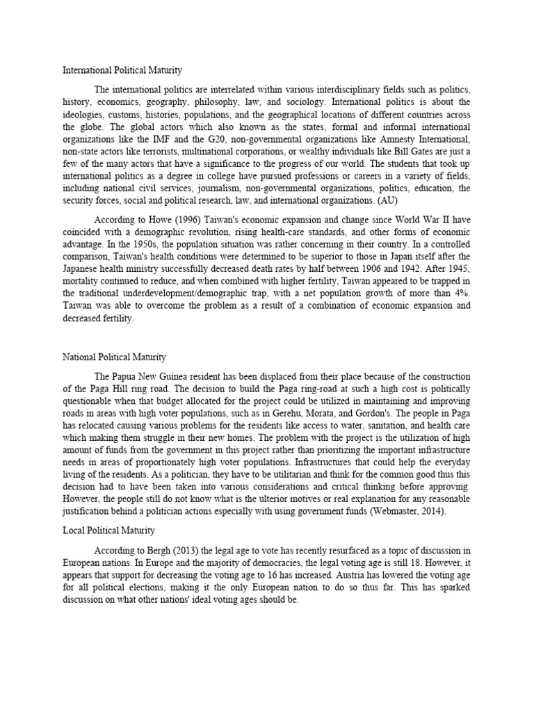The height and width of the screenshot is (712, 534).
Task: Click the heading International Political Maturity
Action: tap(122, 70)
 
